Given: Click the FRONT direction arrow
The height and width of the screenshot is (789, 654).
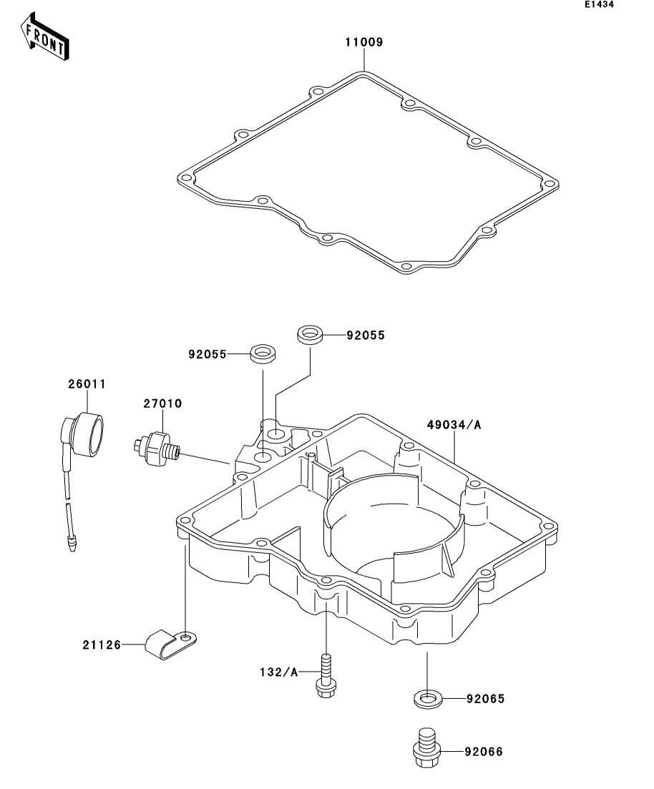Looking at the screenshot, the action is click(x=45, y=36).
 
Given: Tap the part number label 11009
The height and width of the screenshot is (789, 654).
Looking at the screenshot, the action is click(x=363, y=42).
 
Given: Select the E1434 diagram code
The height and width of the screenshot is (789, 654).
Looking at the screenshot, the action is click(x=599, y=5).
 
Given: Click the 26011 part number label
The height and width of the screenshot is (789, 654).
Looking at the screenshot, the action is click(x=87, y=384).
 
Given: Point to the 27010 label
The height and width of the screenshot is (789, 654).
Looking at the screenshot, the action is click(x=162, y=403).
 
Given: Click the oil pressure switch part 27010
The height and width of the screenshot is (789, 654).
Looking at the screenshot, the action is click(x=156, y=445).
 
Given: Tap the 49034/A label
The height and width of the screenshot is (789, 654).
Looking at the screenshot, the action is click(x=454, y=425).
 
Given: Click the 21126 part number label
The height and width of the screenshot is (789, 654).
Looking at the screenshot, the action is click(x=102, y=645).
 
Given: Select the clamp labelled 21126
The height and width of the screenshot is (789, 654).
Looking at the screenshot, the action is click(x=170, y=644).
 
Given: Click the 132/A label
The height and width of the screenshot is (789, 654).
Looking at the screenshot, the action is click(x=279, y=672).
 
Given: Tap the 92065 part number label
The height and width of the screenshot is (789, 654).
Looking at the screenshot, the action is click(x=485, y=699).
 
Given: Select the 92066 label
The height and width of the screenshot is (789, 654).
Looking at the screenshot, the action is click(x=484, y=752).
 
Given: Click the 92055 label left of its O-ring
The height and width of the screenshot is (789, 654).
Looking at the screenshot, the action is click(x=208, y=354).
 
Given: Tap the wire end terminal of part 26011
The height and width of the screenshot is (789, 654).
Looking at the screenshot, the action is click(x=72, y=544).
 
